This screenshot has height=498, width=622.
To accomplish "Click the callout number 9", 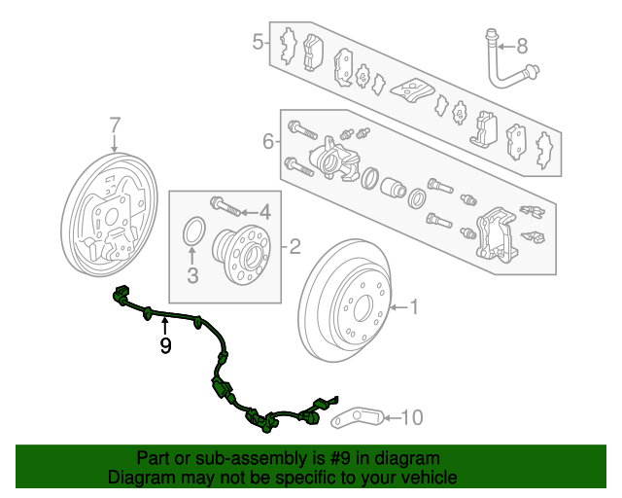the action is pos(165,345).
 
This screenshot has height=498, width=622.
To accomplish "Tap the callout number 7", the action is pos(115,125).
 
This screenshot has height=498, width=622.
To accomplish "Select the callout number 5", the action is pos(258,42).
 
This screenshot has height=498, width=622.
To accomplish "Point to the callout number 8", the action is pos(522,47).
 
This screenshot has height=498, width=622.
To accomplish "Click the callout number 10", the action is pos(412,417).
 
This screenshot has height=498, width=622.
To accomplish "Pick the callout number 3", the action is pos(192,275).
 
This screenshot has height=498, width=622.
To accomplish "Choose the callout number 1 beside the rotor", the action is pos(414,307).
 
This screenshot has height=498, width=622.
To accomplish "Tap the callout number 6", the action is pos(268,141).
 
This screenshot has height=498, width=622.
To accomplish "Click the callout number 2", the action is pos(294,247).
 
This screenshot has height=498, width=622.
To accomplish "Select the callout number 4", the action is pos(265,212).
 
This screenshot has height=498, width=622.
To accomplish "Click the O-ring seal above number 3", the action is pos(194,231).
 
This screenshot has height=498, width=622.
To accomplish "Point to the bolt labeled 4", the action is pos(225,205).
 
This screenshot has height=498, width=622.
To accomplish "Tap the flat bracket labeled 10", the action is pos(357,418).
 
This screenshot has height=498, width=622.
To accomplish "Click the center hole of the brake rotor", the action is pos(363,307).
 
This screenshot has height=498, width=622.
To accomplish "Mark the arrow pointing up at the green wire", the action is pos(165,328).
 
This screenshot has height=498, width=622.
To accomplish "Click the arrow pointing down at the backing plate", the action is pos(115,143).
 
